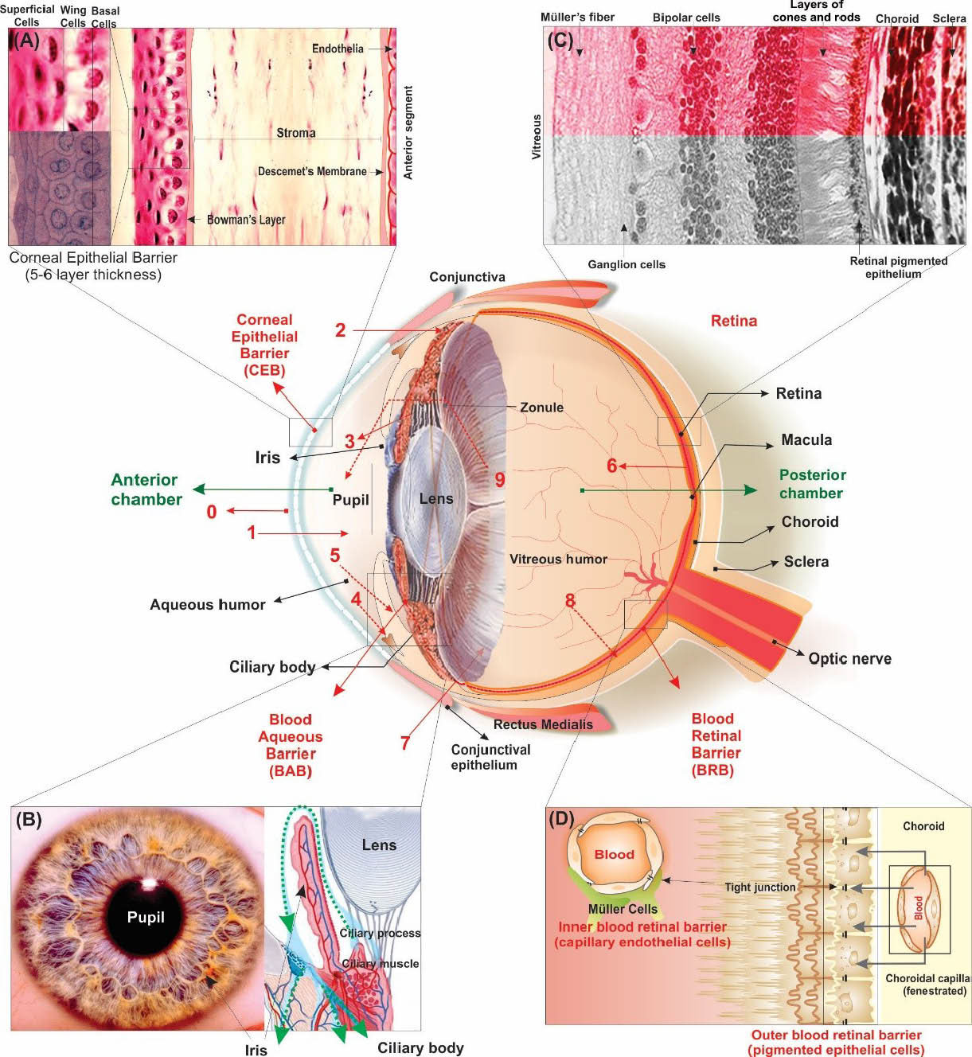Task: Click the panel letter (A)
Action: (26, 41)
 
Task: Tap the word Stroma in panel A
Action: (295, 133)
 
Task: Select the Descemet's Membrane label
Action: (312, 171)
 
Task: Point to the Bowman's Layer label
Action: (246, 220)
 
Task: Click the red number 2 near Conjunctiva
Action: (340, 330)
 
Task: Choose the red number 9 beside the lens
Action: (500, 479)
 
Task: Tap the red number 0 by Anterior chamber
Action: (211, 512)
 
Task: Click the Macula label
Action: (806, 440)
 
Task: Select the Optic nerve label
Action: (849, 658)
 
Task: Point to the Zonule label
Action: (541, 408)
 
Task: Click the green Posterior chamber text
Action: (811, 484)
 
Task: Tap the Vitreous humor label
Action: (558, 560)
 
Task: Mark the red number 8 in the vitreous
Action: (570, 601)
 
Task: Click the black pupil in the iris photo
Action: (146, 917)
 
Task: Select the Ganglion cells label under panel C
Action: (627, 264)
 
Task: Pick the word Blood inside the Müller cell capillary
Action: (614, 855)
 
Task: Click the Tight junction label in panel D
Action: (759, 887)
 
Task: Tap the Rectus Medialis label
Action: (543, 724)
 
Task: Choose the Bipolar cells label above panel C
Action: (686, 18)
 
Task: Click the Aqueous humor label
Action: (208, 605)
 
